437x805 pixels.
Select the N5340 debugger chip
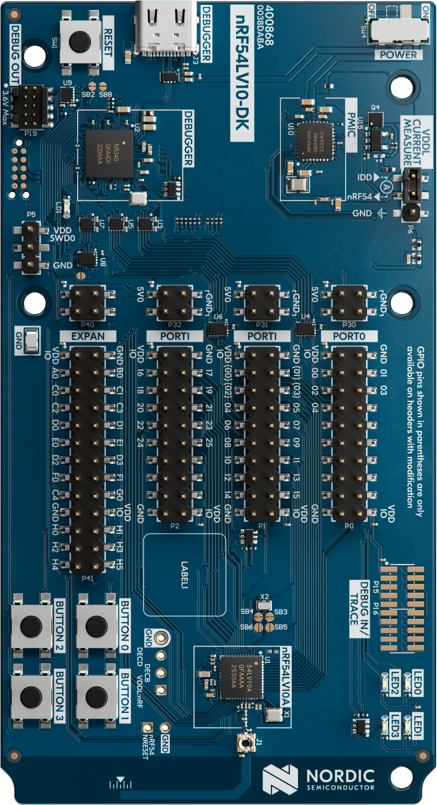tap(109, 153)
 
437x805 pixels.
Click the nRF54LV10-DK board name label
tap(242, 73)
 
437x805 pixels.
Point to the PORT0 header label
tap(349, 336)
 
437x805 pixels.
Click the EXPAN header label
tap(88, 336)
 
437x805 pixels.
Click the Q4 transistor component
tap(375, 119)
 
